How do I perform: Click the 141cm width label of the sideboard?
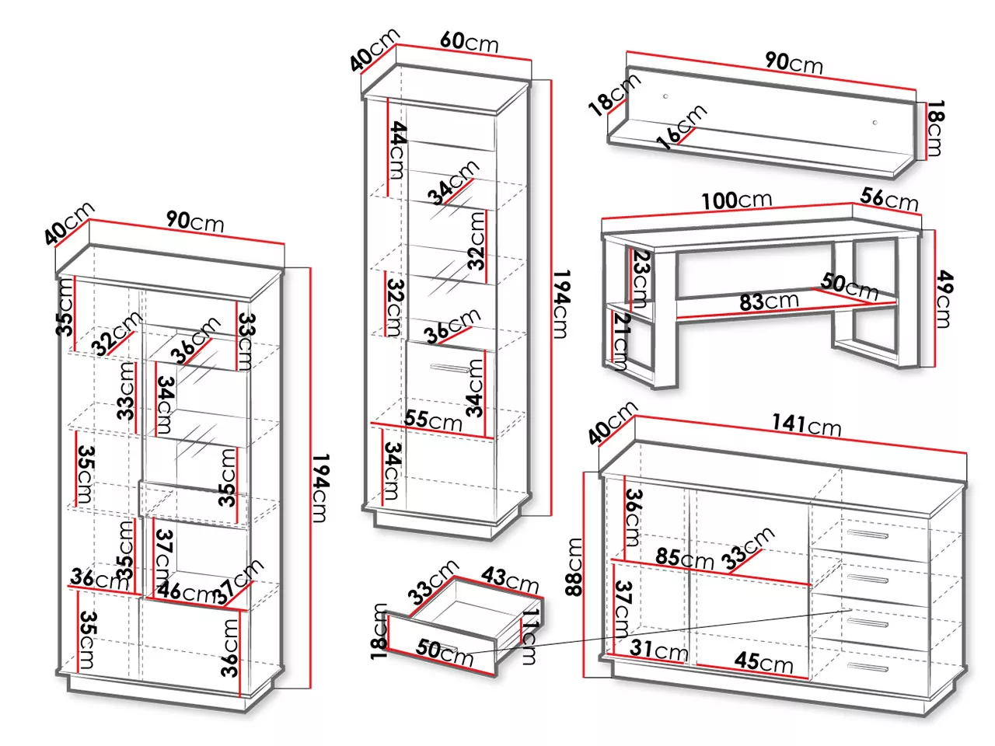[806, 426]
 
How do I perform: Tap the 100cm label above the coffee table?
[736, 200]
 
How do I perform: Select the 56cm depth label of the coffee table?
[889, 199]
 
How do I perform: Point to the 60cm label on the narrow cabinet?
[470, 42]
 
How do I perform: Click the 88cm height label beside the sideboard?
[574, 566]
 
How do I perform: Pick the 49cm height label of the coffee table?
[944, 299]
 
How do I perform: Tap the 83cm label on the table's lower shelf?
[769, 302]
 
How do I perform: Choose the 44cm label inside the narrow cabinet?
[396, 150]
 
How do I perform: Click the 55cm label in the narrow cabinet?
[433, 420]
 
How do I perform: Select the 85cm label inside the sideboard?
[685, 559]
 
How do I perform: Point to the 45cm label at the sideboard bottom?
[764, 662]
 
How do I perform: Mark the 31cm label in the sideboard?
[658, 650]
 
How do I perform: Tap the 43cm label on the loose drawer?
[509, 580]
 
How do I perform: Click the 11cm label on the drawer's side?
[529, 636]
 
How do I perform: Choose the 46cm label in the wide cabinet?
[185, 592]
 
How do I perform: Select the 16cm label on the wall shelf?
[681, 127]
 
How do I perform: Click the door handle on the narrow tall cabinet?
[449, 368]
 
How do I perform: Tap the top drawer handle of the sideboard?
[868, 534]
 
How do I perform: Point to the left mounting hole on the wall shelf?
[665, 96]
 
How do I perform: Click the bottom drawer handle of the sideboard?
[868, 667]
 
